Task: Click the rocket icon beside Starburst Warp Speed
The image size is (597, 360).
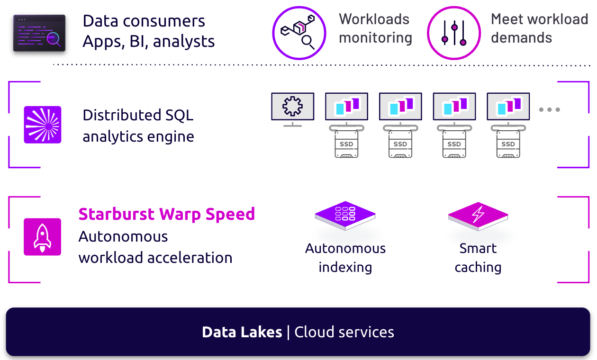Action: (x=43, y=237)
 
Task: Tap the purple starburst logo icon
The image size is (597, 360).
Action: (x=43, y=125)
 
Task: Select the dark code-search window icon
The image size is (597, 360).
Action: (x=39, y=33)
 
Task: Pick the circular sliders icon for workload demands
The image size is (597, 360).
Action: (x=453, y=33)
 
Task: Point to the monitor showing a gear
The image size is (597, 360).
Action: (x=292, y=107)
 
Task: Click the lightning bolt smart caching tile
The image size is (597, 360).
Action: (x=478, y=216)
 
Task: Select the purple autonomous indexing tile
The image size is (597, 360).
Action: (x=345, y=215)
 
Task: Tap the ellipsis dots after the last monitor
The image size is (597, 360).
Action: (x=550, y=109)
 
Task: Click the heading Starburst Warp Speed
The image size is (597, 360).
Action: (x=167, y=214)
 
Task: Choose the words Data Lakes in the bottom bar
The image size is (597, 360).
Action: (x=242, y=332)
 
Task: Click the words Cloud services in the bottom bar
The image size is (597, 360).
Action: (x=344, y=332)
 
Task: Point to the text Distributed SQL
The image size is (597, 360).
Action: (x=138, y=115)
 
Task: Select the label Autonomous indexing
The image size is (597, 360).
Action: (x=345, y=258)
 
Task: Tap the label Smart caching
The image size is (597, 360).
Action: (x=478, y=258)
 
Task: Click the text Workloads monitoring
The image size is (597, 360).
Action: (x=375, y=28)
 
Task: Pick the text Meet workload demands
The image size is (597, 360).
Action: (x=539, y=28)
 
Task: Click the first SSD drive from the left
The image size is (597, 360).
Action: (x=346, y=145)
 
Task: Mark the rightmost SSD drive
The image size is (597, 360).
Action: (x=508, y=145)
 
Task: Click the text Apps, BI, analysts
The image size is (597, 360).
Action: (x=148, y=42)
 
